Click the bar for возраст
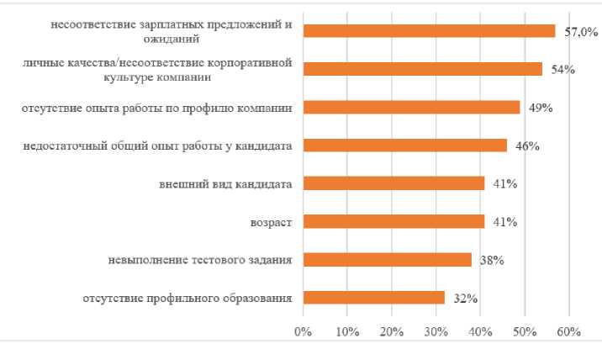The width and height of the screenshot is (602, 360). (393, 221)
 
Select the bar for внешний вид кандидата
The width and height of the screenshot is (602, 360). (393, 183)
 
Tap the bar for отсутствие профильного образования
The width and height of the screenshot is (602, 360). (373, 297)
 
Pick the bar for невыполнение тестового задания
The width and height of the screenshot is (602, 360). (387, 259)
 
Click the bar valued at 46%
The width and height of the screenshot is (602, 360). (404, 146)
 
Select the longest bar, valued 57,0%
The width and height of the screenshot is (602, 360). (429, 31)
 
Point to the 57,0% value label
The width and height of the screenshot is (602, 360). (581, 32)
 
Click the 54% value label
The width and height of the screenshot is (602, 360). (562, 70)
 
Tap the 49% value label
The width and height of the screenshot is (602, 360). (540, 108)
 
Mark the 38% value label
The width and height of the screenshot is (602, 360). (491, 260)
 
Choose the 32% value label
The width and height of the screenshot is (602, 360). (465, 298)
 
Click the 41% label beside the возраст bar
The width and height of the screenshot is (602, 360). (504, 222)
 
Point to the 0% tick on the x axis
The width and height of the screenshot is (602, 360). (303, 331)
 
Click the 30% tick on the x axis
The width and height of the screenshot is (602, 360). (436, 331)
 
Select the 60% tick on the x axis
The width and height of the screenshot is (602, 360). (568, 331)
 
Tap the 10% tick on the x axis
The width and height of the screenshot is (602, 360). (347, 331)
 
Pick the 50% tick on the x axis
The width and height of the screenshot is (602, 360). (525, 331)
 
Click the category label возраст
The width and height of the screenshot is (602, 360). (271, 222)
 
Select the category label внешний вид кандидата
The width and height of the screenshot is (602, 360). (225, 184)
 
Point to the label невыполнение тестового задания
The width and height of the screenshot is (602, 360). (200, 260)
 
